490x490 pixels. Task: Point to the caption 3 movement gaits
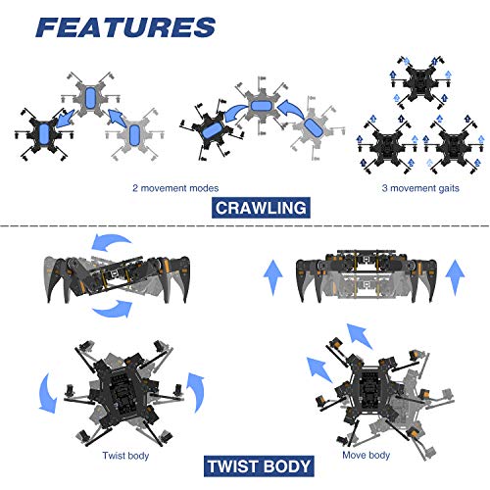tap(415, 186)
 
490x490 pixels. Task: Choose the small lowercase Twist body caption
tap(126, 456)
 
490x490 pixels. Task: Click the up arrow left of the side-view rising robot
tap(272, 277)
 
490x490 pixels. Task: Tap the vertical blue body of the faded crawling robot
tap(91, 100)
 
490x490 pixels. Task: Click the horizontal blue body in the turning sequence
tap(262, 105)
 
